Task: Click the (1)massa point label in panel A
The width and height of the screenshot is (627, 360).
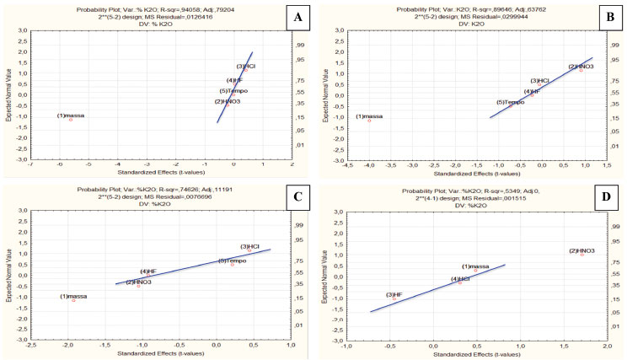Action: [71, 116]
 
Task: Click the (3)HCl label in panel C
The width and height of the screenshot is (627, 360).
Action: [250, 246]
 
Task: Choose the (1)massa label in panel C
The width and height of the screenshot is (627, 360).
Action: [73, 296]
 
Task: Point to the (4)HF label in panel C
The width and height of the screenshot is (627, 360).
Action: [147, 271]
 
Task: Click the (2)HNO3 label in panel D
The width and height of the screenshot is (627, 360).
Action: [582, 251]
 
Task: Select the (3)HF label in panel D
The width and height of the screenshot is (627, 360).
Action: [394, 294]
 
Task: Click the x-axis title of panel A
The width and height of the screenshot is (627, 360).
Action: [160, 175]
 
